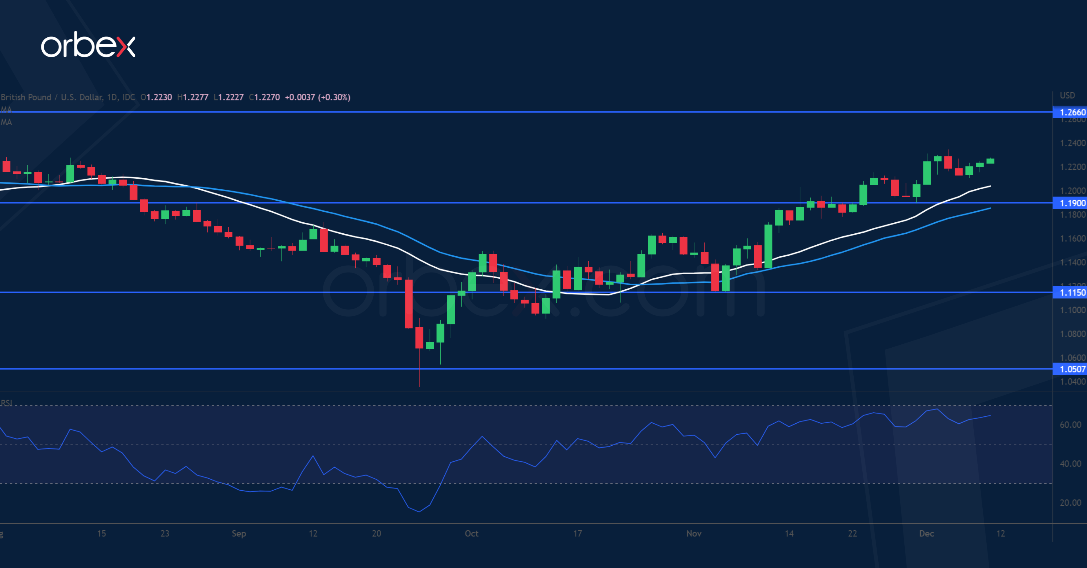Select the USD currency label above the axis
click(x=1067, y=95)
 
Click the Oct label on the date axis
click(x=471, y=533)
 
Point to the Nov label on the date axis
click(x=694, y=533)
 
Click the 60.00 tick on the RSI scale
click(x=1070, y=424)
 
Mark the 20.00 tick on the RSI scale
click(x=1070, y=502)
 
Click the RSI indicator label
click(x=6, y=403)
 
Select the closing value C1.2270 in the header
click(x=265, y=97)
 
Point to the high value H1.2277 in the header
click(x=193, y=97)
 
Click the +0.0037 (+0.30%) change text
click(x=317, y=97)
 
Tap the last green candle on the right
click(x=990, y=161)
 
